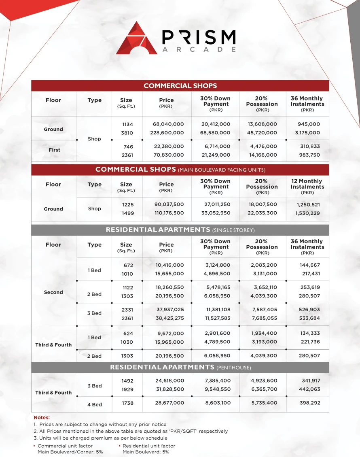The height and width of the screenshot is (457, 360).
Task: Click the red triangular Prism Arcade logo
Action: (136, 38)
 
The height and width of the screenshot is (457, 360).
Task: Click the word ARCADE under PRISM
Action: (199, 49)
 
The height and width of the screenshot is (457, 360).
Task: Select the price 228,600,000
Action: (168, 133)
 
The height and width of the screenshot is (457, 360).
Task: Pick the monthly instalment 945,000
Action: (309, 124)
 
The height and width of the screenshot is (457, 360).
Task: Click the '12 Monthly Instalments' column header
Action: (307, 186)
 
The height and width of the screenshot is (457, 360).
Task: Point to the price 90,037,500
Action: (169, 204)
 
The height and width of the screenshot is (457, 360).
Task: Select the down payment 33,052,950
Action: (216, 213)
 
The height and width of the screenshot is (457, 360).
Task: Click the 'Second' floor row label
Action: (53, 292)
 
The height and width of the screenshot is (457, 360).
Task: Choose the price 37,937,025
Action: (169, 310)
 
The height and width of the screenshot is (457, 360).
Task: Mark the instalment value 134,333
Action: (309, 334)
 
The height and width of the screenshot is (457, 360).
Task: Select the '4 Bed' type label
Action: (94, 404)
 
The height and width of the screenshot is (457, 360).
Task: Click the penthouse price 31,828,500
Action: (169, 389)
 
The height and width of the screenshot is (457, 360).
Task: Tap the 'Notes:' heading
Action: (42, 417)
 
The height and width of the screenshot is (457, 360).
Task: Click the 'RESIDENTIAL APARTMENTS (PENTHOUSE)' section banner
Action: (180, 368)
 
